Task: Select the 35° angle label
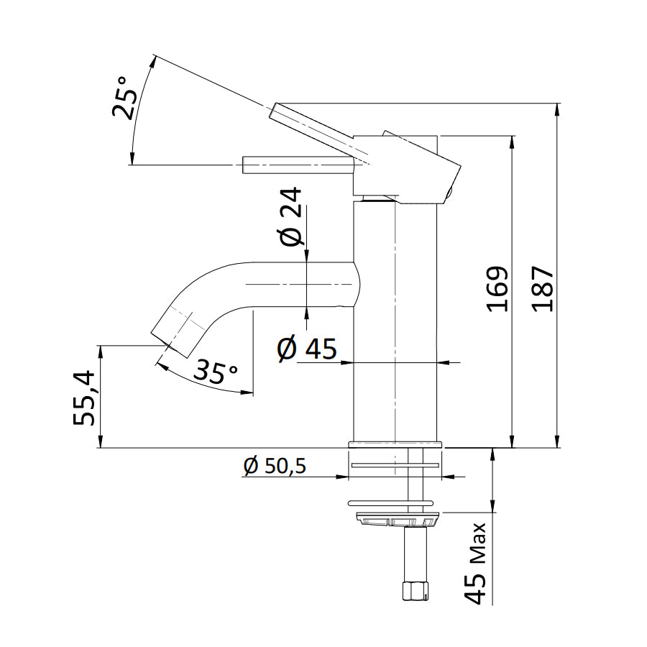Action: (x=216, y=372)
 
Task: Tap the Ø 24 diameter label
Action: (x=291, y=217)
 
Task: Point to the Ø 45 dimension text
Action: (x=307, y=349)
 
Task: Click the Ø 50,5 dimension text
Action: (x=275, y=467)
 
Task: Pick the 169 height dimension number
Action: (x=497, y=289)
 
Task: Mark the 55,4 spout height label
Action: (x=86, y=397)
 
